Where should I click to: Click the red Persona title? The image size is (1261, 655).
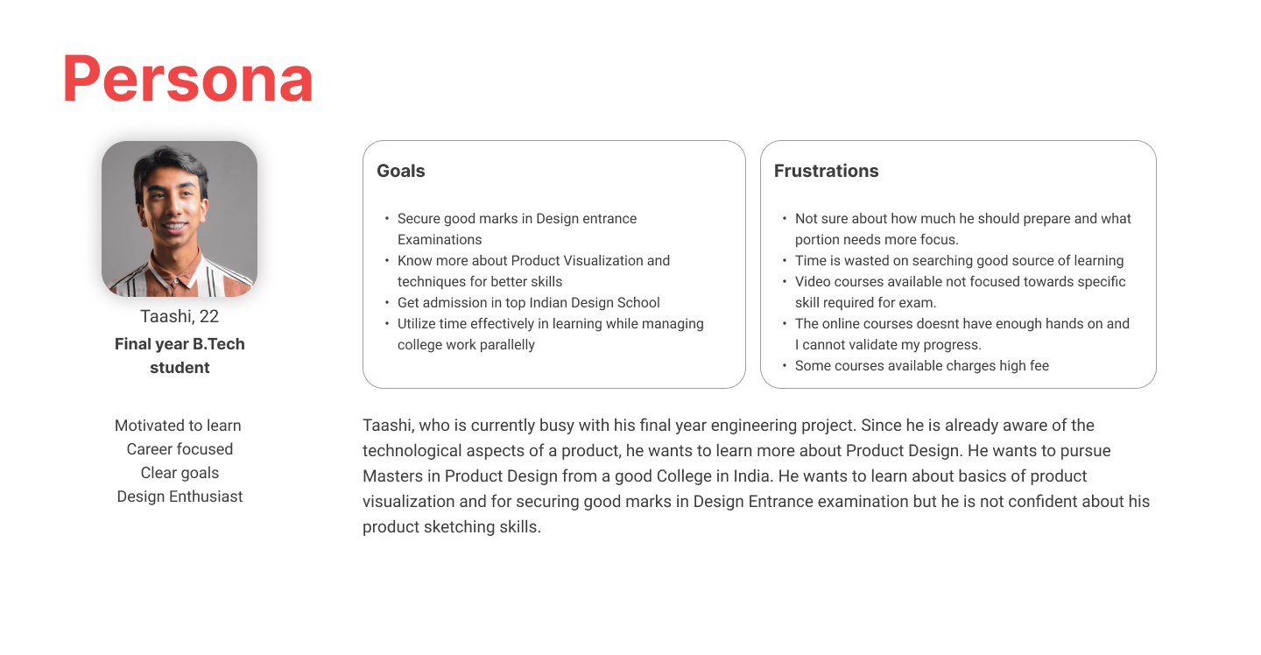tap(188, 78)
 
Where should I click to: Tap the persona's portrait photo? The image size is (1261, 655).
tap(180, 218)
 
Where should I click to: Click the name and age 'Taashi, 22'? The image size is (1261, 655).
tap(180, 316)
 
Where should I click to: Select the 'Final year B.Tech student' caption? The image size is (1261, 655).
tap(180, 356)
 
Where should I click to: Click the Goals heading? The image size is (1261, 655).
tap(401, 171)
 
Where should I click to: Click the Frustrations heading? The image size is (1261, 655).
tap(826, 171)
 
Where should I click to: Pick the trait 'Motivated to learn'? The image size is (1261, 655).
tap(178, 426)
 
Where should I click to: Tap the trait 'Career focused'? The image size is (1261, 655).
tap(180, 449)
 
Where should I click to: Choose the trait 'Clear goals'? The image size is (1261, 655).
tap(180, 473)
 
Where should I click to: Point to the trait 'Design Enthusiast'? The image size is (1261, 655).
tap(180, 497)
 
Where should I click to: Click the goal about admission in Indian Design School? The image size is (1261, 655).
tap(529, 303)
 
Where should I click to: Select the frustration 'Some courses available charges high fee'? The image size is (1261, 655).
tap(922, 366)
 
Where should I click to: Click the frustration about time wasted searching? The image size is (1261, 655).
tap(959, 261)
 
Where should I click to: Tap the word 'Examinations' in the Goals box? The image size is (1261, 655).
tap(440, 240)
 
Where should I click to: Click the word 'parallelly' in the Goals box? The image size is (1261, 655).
tap(504, 345)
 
